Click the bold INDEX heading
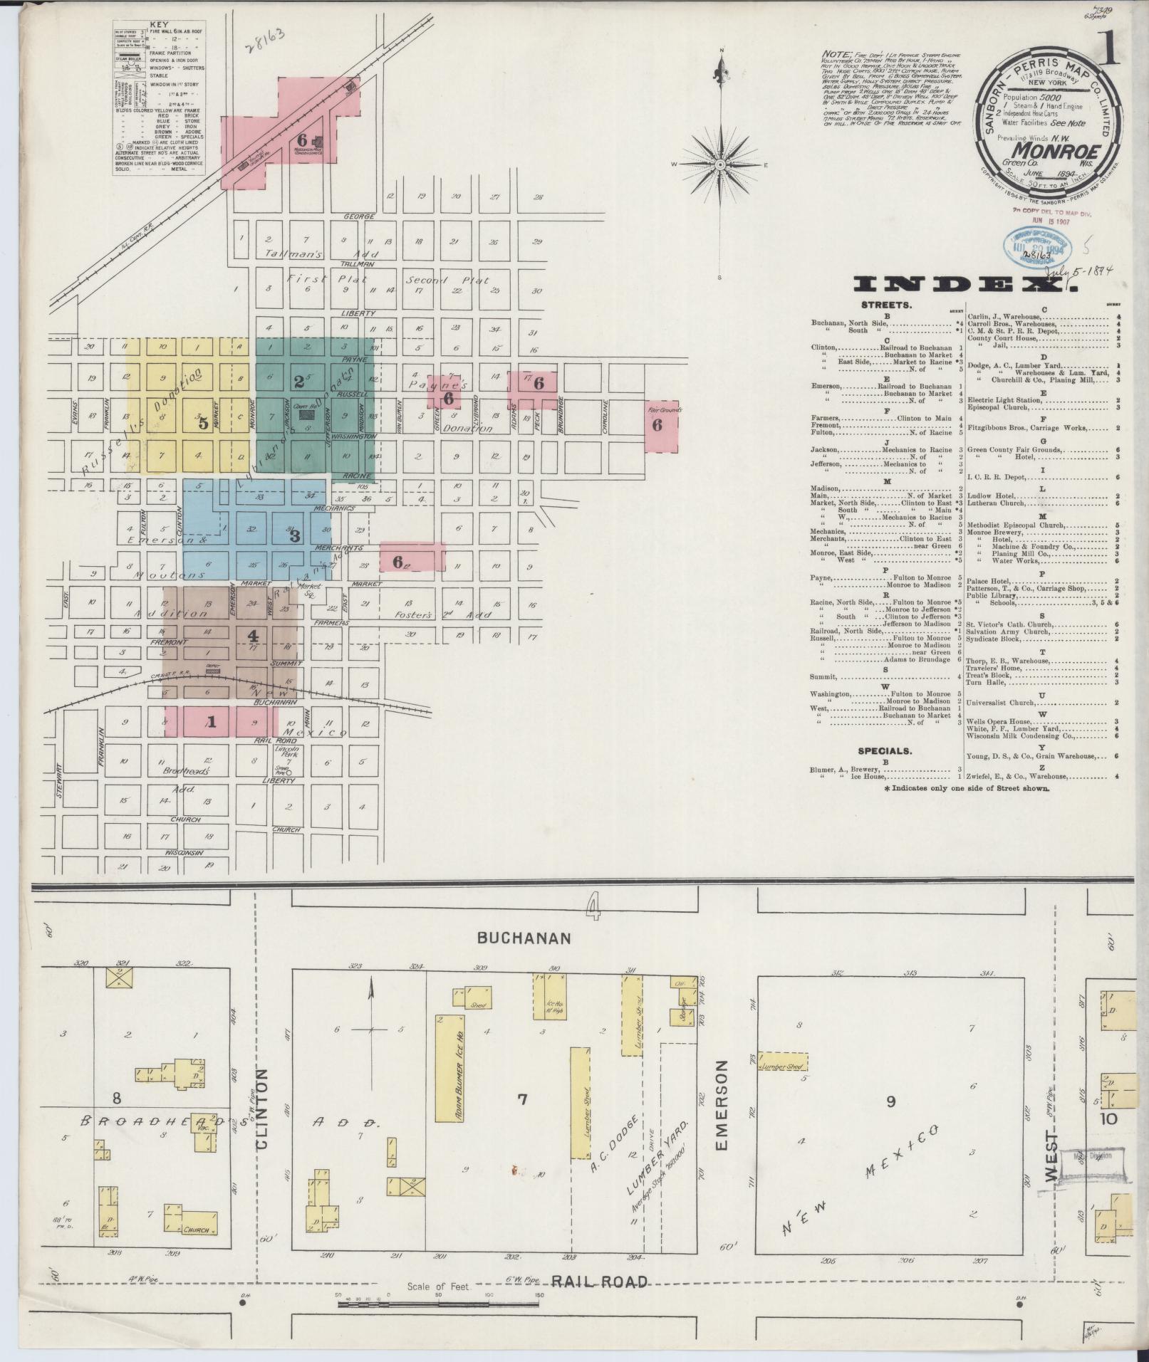click(x=965, y=285)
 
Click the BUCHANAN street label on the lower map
click(x=524, y=938)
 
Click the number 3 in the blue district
click(x=294, y=535)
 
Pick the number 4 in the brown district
click(x=252, y=636)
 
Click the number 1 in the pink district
click(x=211, y=721)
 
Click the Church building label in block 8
click(x=195, y=1230)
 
